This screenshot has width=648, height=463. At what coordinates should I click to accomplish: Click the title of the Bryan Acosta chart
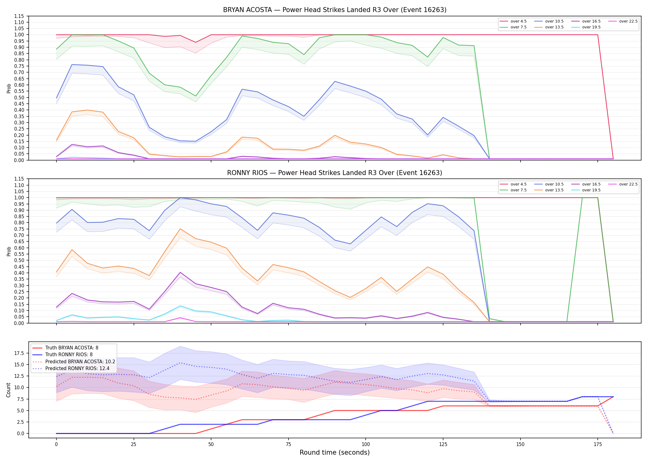pyautogui.click(x=335, y=10)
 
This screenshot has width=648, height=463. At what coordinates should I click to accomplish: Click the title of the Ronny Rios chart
pyautogui.click(x=335, y=173)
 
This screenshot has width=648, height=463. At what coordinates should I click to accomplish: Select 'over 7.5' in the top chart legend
pyautogui.click(x=518, y=27)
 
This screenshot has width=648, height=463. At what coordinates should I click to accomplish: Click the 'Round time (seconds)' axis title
pyautogui.click(x=334, y=453)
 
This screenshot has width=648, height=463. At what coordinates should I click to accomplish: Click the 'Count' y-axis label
pyautogui.click(x=8, y=390)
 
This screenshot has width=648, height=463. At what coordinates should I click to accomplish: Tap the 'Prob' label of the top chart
pyautogui.click(x=9, y=88)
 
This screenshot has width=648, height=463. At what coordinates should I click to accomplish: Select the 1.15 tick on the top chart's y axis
pyautogui.click(x=19, y=16)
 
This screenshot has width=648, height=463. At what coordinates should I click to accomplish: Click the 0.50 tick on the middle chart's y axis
pyautogui.click(x=19, y=260)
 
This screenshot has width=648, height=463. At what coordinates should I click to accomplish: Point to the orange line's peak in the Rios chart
pyautogui.click(x=180, y=229)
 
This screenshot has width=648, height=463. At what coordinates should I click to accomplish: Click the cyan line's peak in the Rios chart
pyautogui.click(x=180, y=306)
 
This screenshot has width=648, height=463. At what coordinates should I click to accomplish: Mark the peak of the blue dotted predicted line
pyautogui.click(x=180, y=363)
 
